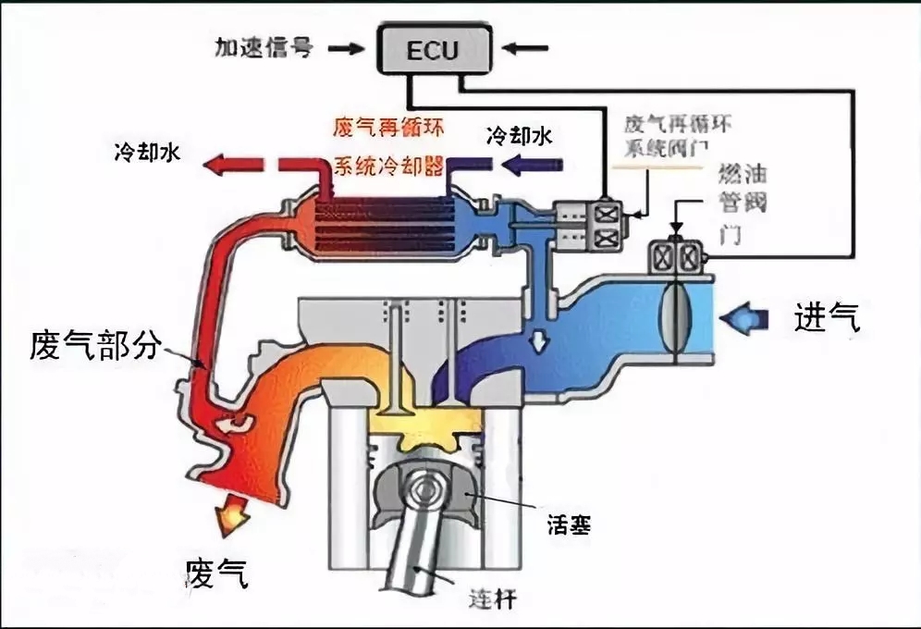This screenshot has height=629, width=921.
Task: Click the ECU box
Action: pos(432,49)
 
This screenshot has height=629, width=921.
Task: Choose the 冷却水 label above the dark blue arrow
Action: pos(520,137)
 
